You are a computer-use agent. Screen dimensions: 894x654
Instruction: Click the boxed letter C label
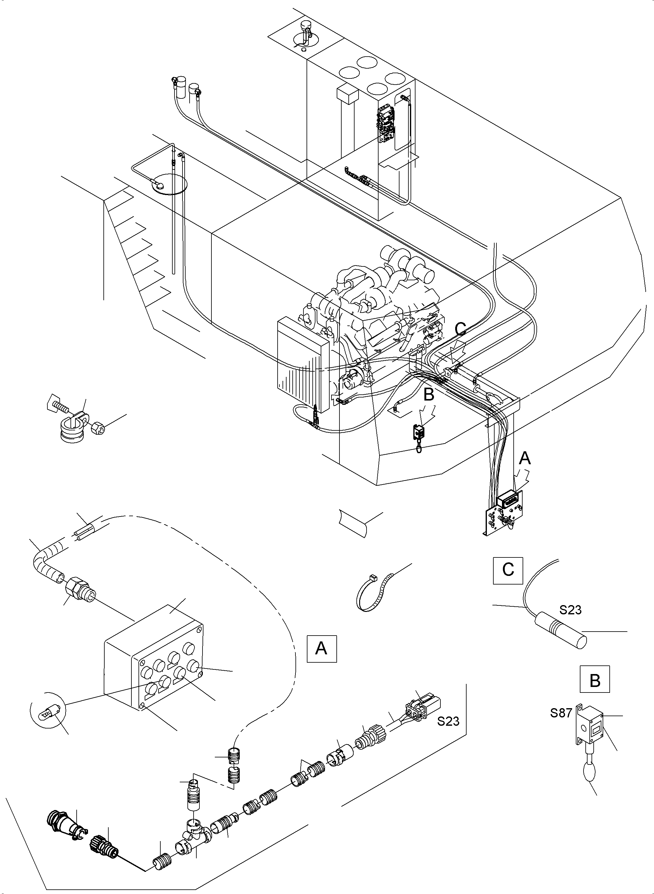click(508, 570)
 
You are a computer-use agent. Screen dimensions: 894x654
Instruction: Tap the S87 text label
click(561, 713)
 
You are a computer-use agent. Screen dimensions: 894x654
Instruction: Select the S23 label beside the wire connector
click(448, 721)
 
